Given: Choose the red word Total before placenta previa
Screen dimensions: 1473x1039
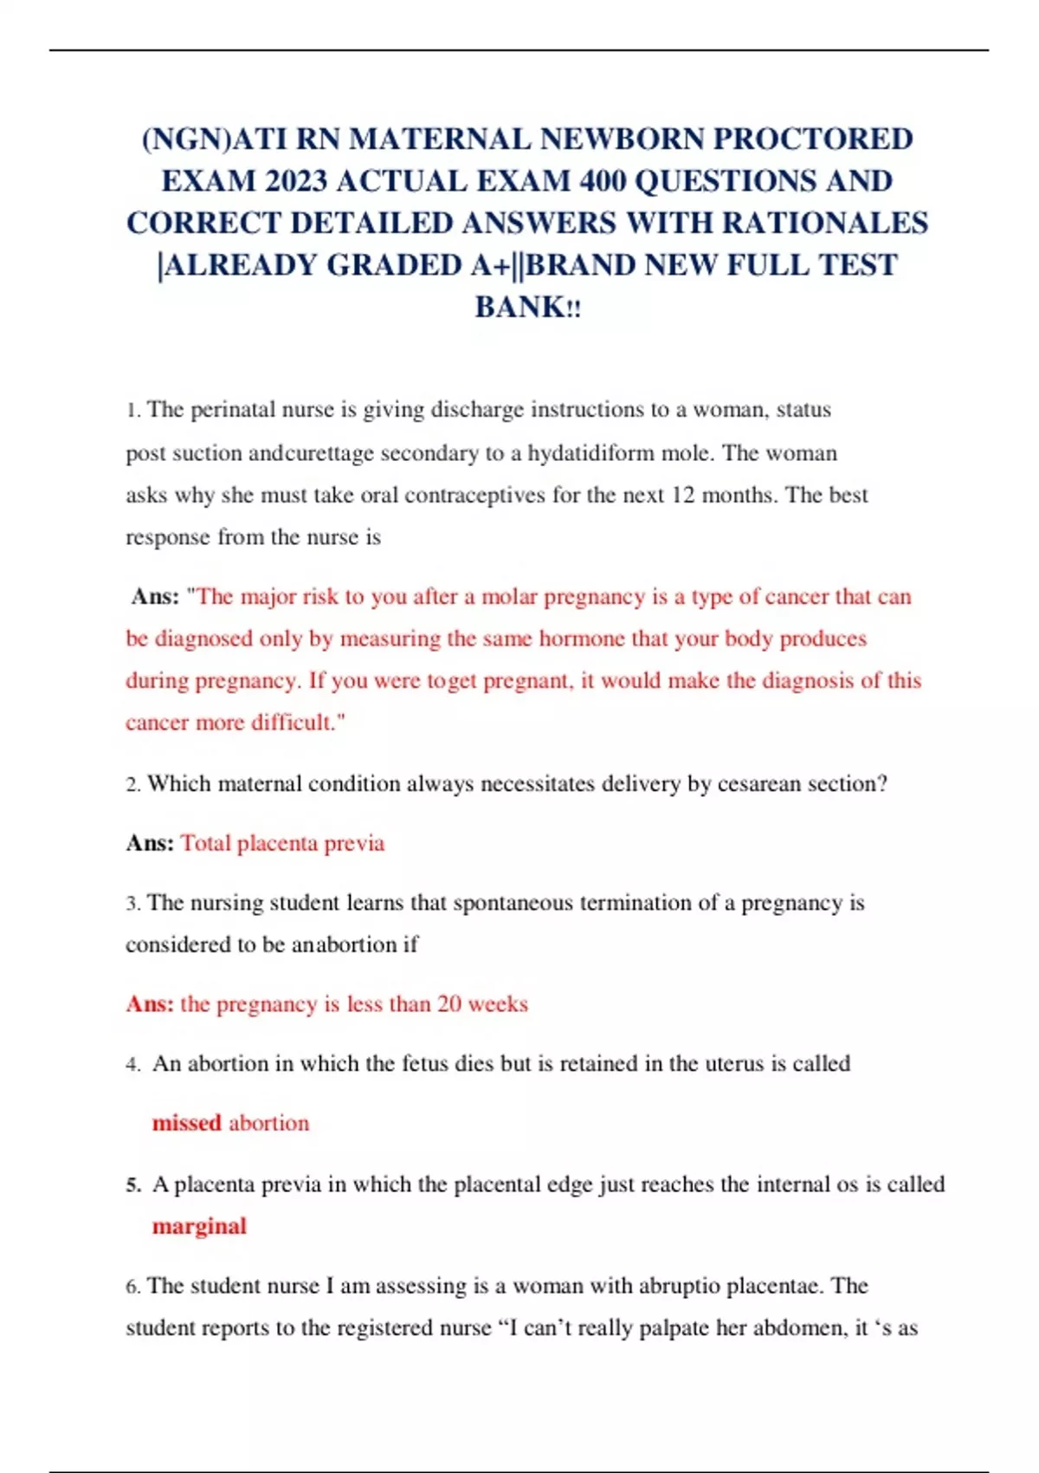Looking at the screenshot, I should tap(205, 843).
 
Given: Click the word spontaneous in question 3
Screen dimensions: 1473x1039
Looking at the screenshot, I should tap(513, 903).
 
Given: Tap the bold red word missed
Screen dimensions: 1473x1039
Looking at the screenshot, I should tap(186, 1123).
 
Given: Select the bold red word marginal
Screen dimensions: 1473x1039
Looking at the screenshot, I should tap(199, 1226).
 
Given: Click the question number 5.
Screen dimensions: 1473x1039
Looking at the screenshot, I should tap(133, 1184).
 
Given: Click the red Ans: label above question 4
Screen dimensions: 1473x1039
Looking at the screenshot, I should tap(150, 1004).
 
